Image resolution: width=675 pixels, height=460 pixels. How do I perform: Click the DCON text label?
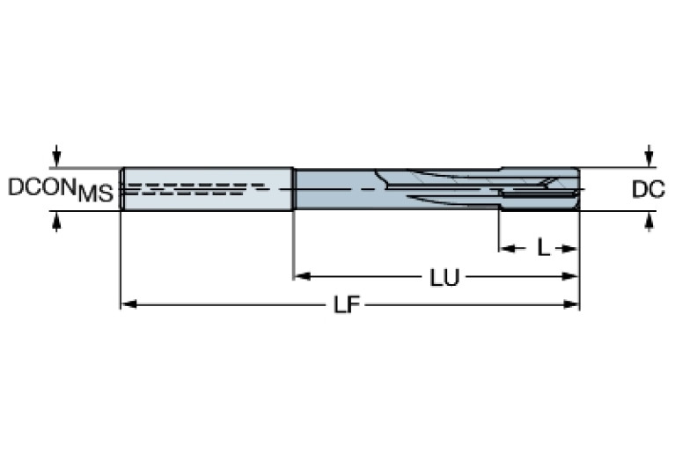coord(42,186)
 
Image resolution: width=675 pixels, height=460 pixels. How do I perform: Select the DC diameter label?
coord(648,188)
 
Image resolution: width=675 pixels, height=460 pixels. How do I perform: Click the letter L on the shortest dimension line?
coord(543,248)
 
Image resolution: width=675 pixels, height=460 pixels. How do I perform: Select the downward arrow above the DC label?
coord(649,157)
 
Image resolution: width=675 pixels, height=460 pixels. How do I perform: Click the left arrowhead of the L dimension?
coord(507,248)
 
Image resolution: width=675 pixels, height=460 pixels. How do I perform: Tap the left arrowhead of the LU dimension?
coord(300,277)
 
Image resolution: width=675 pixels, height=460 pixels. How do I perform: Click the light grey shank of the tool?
coord(207,176)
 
